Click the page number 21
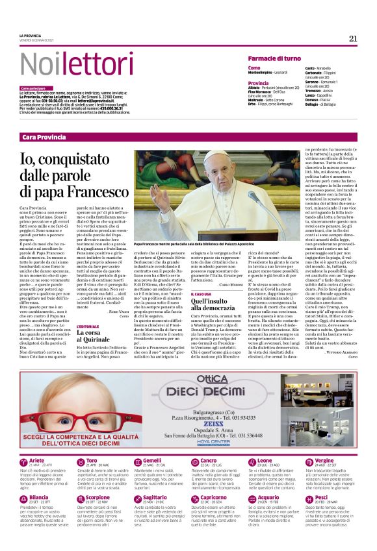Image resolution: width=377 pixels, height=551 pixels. point(353,38)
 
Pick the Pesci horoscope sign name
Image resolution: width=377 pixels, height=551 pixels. point(321,497)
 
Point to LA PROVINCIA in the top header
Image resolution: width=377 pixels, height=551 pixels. point(30,36)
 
